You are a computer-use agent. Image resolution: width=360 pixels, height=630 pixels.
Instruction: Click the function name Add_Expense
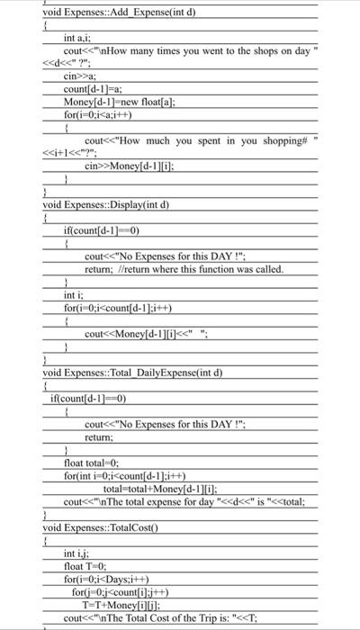coord(136,12)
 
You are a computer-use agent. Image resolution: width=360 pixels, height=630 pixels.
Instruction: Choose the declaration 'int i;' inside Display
coord(72,294)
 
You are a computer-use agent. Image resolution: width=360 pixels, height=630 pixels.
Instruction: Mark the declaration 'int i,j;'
coord(76,553)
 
